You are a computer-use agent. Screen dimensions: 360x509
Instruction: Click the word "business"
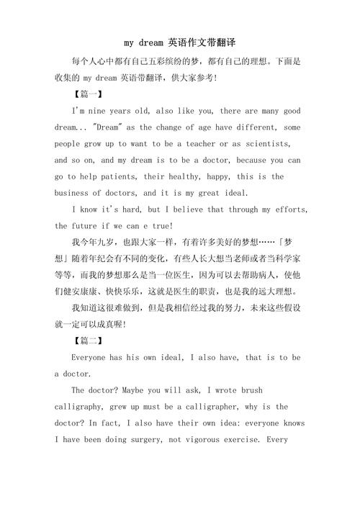point(74,193)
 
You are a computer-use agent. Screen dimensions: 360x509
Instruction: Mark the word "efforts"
point(289,210)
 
